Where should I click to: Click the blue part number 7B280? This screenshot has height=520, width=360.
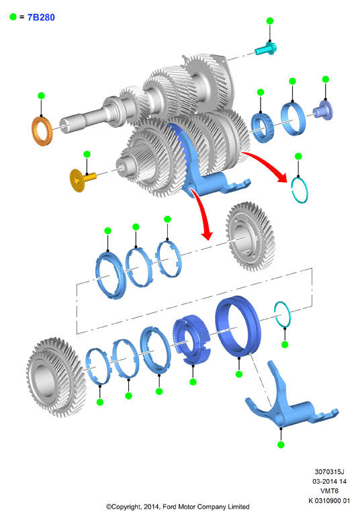(41, 17)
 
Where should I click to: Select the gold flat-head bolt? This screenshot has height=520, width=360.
(83, 179)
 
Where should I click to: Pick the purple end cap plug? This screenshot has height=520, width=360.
(323, 110)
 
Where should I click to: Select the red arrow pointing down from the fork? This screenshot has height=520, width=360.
(202, 213)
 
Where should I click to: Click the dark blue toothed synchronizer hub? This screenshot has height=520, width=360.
(191, 340)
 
